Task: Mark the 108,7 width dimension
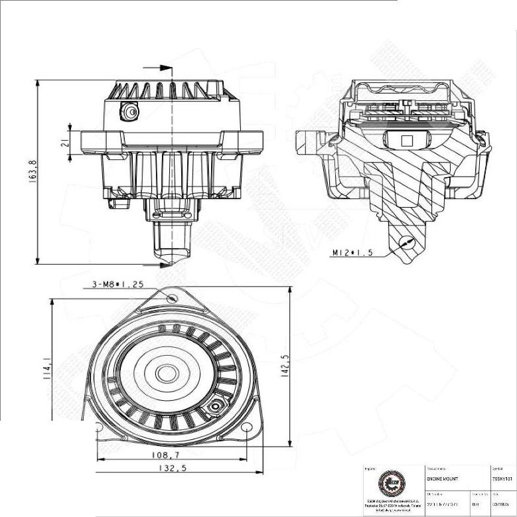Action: point(165,455)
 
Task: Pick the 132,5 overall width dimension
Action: point(171,468)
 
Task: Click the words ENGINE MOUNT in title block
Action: point(442,479)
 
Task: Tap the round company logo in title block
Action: point(390,482)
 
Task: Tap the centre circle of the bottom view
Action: point(167,374)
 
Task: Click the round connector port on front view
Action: point(131,113)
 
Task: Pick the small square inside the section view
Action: point(407,140)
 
